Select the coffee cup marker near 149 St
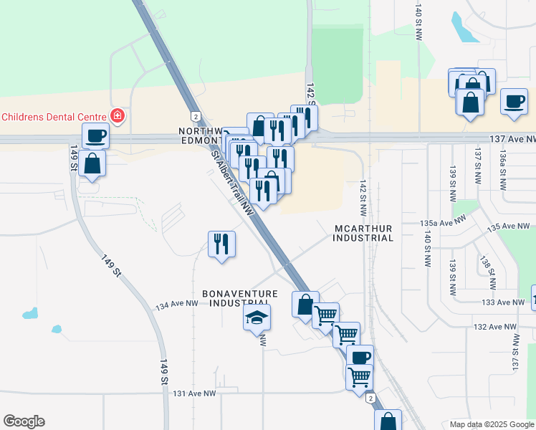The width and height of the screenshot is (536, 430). pyautogui.click(x=95, y=135)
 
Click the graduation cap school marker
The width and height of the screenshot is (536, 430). pyautogui.click(x=257, y=317)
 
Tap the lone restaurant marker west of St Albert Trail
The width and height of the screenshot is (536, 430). pyautogui.click(x=221, y=244)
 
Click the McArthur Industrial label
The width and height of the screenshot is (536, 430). pyautogui.click(x=363, y=233)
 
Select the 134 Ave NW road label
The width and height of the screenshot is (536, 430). pyautogui.click(x=176, y=305)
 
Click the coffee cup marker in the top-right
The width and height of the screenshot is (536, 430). pyautogui.click(x=514, y=102)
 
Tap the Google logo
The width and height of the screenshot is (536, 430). pyautogui.click(x=24, y=421)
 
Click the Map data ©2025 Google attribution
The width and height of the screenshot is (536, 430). pyautogui.click(x=492, y=424)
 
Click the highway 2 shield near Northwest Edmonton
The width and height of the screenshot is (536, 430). pyautogui.click(x=195, y=116)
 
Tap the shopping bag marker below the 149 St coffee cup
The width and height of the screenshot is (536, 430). pyautogui.click(x=92, y=163)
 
